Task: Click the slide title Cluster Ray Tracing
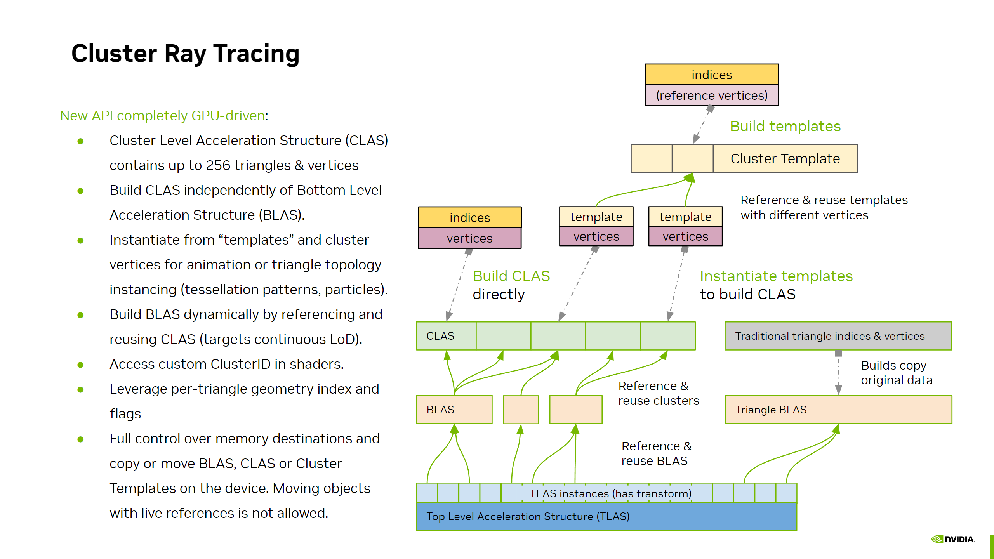(185, 54)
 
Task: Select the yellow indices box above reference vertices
(712, 75)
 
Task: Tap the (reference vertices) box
(712, 95)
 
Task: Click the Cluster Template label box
(785, 158)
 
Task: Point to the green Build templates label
(785, 126)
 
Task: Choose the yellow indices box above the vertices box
(470, 217)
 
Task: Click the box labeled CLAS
(446, 336)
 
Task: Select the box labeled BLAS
(454, 410)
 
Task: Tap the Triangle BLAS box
(838, 410)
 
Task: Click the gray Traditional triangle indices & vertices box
(838, 336)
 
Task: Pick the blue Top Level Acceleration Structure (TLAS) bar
(606, 516)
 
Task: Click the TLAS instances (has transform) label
(610, 493)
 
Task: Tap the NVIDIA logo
(953, 539)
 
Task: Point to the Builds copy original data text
(897, 373)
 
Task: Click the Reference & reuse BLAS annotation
(657, 453)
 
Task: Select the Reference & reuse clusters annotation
(659, 393)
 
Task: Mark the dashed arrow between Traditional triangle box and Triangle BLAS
(838, 373)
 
